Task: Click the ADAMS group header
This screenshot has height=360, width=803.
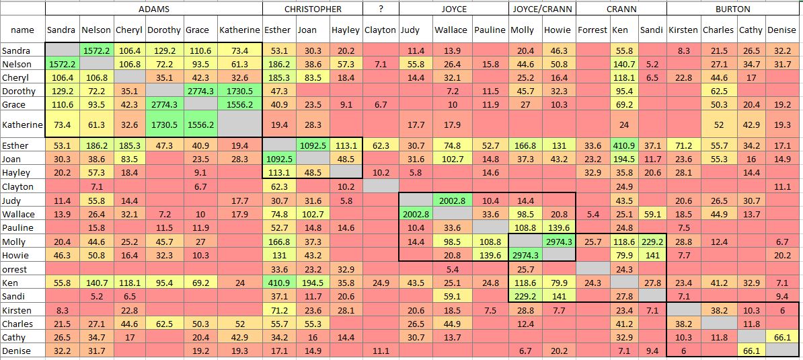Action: click(x=153, y=9)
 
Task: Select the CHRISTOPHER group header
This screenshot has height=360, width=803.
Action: click(x=313, y=9)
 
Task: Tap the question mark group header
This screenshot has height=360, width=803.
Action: click(x=380, y=9)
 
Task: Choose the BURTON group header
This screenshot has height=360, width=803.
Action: click(x=734, y=9)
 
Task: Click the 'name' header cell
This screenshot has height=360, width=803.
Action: click(x=22, y=30)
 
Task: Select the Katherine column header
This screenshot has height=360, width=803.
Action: click(x=239, y=30)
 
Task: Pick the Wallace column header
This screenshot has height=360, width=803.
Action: click(x=451, y=30)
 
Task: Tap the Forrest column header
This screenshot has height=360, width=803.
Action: click(x=592, y=30)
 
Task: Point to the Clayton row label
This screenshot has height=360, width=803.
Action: click(x=17, y=186)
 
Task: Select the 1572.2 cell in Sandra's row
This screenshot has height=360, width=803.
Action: click(x=96, y=51)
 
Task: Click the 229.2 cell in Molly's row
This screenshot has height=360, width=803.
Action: click(x=651, y=242)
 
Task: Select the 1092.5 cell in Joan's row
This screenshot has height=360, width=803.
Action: click(x=278, y=159)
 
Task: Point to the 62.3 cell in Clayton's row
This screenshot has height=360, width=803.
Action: click(x=278, y=186)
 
